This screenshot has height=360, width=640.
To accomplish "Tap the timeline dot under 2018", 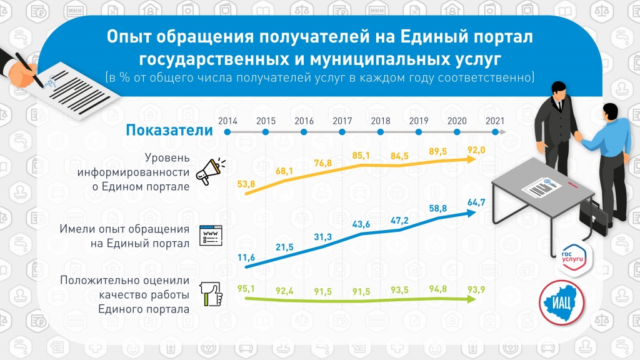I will pyautogui.click(x=381, y=132).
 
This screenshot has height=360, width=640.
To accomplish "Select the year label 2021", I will pyautogui.click(x=495, y=121).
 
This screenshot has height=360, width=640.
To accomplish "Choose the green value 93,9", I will pyautogui.click(x=477, y=289).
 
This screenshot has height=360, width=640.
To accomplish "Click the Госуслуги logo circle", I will pyautogui.click(x=571, y=259).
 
